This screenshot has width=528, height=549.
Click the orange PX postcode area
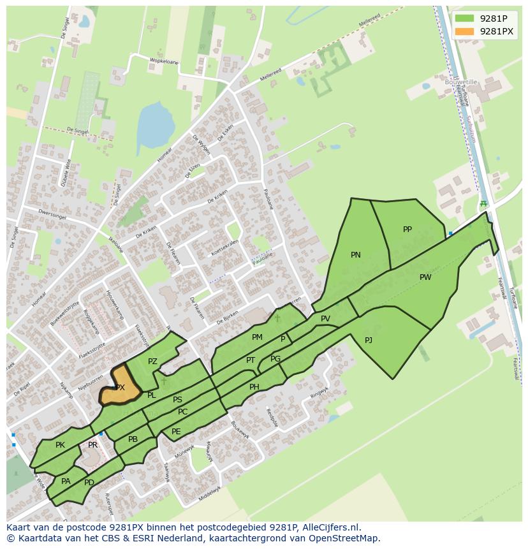pos(120,387)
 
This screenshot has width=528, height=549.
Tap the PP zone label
pos(407,230)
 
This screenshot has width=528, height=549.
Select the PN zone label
pos(356,255)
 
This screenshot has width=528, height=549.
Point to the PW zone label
pos(425,277)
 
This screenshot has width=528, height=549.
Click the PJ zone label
pos(369,340)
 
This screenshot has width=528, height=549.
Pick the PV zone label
pos(325,319)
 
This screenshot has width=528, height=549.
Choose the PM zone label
pos(257,337)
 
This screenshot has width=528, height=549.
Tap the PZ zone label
pos(152,362)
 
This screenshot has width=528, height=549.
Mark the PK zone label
pos(60,445)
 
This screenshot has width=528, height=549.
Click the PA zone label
pos(66,481)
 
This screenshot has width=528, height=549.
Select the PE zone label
pos(176,432)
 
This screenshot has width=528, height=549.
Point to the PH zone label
pos(254,387)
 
